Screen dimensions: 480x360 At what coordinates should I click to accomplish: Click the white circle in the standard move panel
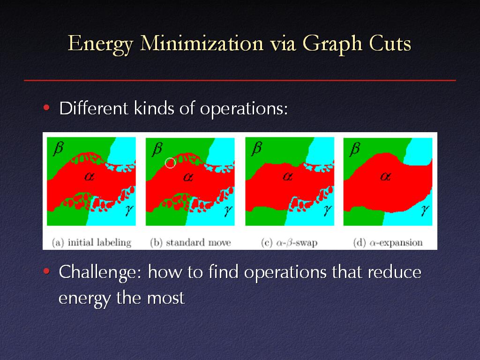click(170, 163)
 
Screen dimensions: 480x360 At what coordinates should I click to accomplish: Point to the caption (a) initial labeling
click(91, 242)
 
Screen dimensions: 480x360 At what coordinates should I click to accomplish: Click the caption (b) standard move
click(190, 242)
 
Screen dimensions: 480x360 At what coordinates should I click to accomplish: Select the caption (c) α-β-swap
click(289, 242)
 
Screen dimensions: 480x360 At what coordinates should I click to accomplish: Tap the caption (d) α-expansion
click(388, 242)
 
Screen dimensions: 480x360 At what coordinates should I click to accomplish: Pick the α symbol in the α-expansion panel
click(385, 176)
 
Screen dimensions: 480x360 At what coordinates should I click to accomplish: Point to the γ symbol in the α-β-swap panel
click(328, 210)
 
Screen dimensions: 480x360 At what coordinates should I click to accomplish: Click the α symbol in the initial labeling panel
click(89, 176)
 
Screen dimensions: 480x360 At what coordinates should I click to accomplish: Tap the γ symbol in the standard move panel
click(228, 210)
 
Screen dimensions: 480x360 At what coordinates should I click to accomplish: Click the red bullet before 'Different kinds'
click(46, 107)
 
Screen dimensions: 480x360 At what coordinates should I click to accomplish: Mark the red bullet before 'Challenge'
click(46, 271)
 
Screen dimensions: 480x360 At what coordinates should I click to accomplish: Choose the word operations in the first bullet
click(244, 109)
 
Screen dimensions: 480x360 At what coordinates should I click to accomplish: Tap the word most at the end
click(166, 298)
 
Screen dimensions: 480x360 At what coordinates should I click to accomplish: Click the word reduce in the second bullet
click(395, 271)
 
